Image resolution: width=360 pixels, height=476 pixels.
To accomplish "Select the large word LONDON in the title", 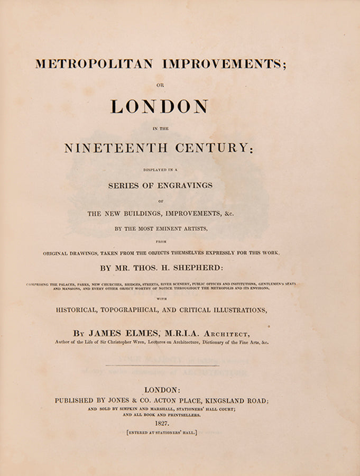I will [159, 106].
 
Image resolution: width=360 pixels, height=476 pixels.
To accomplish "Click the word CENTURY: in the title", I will [218, 149].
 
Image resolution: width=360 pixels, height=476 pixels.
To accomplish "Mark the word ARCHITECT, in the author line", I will [226, 333].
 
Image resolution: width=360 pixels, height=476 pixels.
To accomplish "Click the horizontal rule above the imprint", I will [162, 365].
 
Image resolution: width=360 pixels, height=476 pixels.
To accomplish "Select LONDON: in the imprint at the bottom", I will [162, 389].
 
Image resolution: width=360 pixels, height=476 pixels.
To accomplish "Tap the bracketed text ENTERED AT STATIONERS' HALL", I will [162, 433].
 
